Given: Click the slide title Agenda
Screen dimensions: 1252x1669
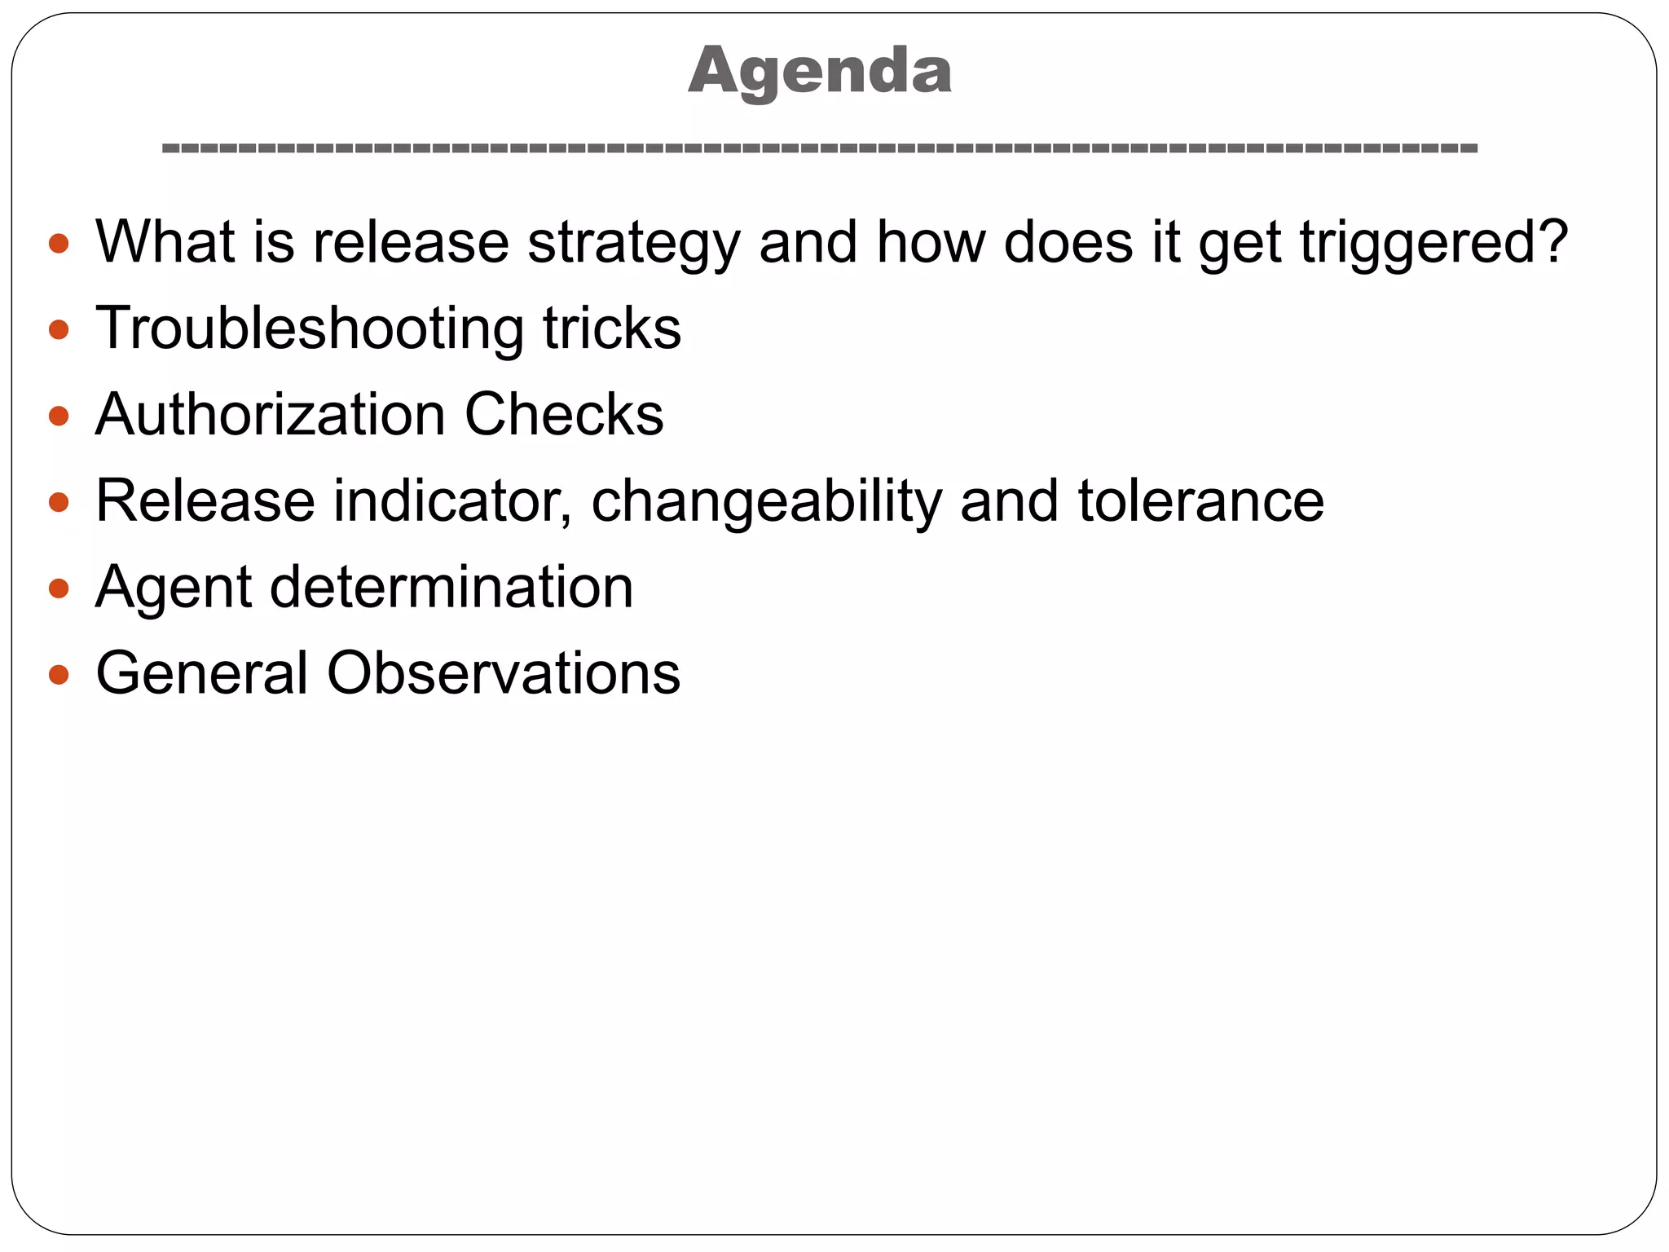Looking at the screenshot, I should coord(820,72).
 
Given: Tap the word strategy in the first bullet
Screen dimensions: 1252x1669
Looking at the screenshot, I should coord(633,243).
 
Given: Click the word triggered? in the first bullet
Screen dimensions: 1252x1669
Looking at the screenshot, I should coord(1433,243).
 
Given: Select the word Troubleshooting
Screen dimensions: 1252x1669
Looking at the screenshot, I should coord(309,328).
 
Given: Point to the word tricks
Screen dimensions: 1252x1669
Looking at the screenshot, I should coord(612,328).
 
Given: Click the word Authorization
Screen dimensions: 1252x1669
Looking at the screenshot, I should coord(270,414).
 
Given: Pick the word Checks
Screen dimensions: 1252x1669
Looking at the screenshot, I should coord(564,414).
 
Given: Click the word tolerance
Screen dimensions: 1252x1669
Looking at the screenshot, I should coord(1201,500).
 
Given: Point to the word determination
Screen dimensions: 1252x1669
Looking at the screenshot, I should coord(451,587).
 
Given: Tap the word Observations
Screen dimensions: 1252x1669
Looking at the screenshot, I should coord(504,673).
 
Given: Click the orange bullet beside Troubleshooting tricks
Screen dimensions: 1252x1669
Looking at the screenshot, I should coord(59,329).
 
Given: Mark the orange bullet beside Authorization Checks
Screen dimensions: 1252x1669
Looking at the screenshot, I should coord(59,416).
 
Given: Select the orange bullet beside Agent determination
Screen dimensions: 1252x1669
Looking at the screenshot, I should coord(59,588).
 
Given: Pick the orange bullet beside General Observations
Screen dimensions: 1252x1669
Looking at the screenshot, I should coord(59,674).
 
